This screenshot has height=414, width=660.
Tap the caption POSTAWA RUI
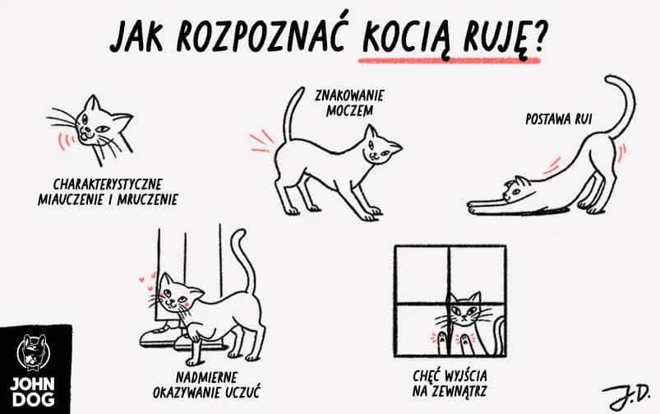coord(558,119)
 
